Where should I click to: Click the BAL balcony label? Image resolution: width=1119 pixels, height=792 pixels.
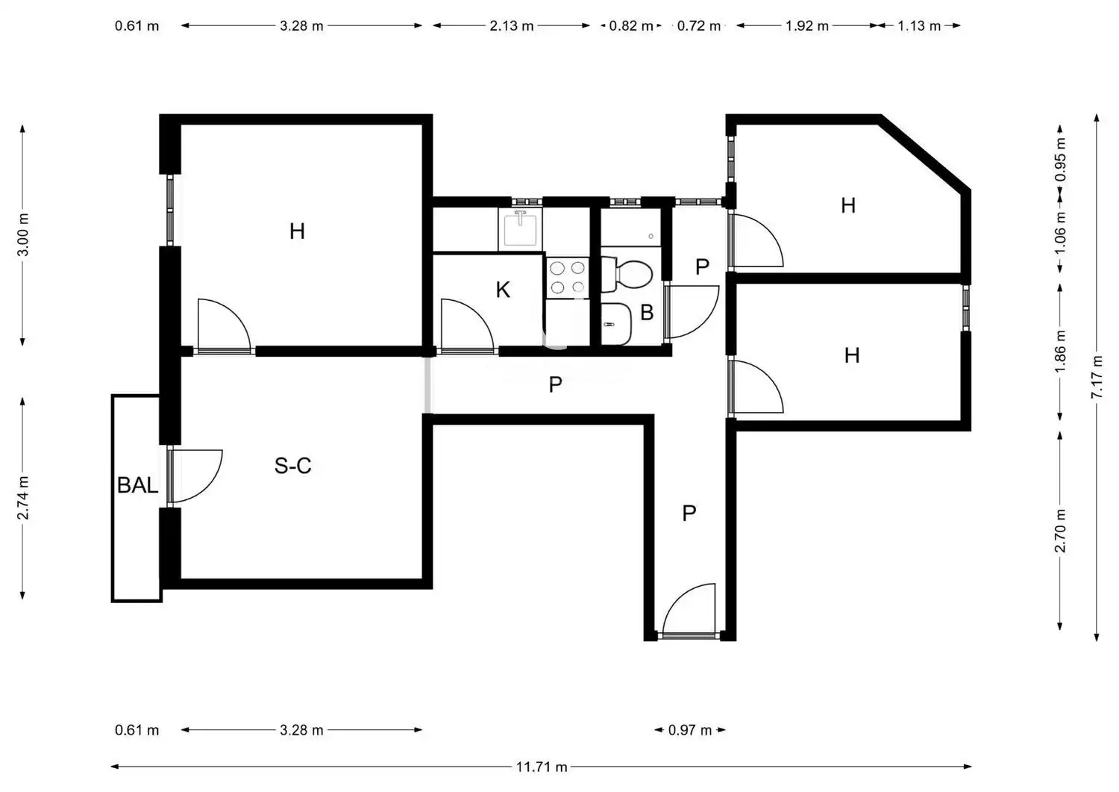pyautogui.click(x=137, y=485)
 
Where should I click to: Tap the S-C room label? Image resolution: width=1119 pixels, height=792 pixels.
pyautogui.click(x=292, y=466)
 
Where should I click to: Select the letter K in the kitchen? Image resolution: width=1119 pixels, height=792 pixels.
pyautogui.click(x=503, y=290)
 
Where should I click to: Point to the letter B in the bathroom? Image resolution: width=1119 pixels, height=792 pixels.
pyautogui.click(x=647, y=313)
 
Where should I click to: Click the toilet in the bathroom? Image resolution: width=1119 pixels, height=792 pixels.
pyautogui.click(x=627, y=275)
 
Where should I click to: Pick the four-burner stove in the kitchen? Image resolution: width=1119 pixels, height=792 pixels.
pyautogui.click(x=568, y=278)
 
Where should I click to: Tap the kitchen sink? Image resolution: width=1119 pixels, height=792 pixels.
pyautogui.click(x=520, y=229)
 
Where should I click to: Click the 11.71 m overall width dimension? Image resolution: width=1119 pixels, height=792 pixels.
pyautogui.click(x=542, y=767)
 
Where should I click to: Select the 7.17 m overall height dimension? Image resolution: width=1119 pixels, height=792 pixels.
pyautogui.click(x=1097, y=377)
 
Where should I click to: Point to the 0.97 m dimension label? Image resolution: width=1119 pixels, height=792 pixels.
pyautogui.click(x=690, y=731)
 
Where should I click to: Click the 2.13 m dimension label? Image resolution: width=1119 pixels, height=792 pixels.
pyautogui.click(x=512, y=26)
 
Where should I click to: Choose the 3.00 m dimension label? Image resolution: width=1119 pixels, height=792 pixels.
pyautogui.click(x=23, y=234)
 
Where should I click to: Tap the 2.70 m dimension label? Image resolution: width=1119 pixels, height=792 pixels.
pyautogui.click(x=1060, y=531)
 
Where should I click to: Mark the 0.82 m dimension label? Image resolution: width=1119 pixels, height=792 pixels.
pyautogui.click(x=631, y=26)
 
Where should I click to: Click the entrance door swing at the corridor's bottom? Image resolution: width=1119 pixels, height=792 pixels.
pyautogui.click(x=689, y=608)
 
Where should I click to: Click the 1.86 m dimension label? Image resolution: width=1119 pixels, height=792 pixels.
pyautogui.click(x=1060, y=352)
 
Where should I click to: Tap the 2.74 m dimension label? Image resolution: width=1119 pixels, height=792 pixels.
pyautogui.click(x=23, y=498)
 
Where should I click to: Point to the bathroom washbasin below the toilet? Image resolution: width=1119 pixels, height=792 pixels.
pyautogui.click(x=616, y=324)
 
